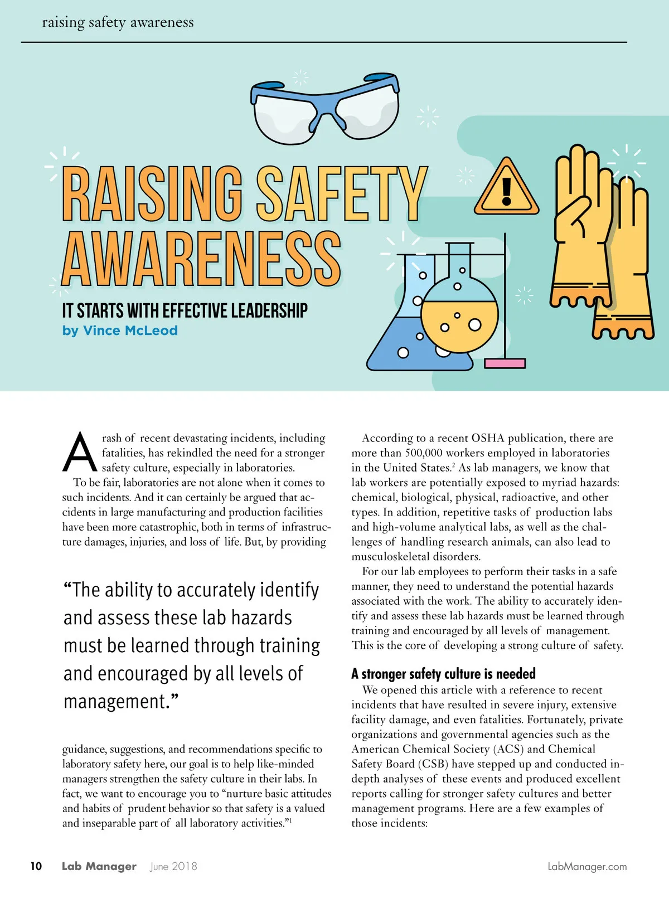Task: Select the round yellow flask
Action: tap(459, 315)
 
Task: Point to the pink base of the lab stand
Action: tap(505, 363)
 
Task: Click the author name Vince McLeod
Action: tap(130, 331)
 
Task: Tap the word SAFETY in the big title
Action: tap(341, 195)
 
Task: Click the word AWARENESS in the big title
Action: tap(201, 260)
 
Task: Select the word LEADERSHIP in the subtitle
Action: tap(269, 310)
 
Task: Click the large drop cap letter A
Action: tap(80, 451)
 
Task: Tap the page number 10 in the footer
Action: tap(36, 866)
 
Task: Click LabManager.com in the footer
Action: tap(587, 866)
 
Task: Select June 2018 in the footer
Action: tap(173, 866)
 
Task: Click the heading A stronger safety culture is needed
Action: tap(443, 674)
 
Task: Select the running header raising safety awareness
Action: tap(118, 22)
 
